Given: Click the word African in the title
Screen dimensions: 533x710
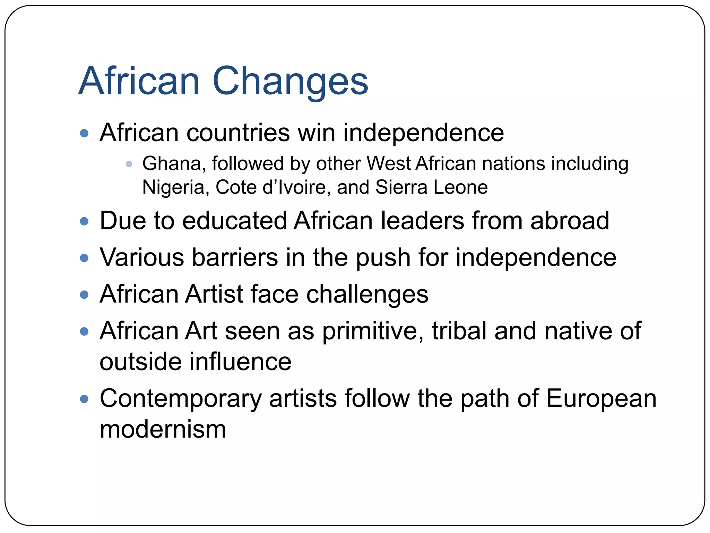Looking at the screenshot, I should (x=139, y=82).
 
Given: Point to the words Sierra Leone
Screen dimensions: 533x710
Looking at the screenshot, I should (x=431, y=187).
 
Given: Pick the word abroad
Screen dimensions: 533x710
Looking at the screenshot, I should (x=569, y=221).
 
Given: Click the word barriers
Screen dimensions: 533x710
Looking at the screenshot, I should (x=235, y=257).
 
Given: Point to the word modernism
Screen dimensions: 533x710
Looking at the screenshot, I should (x=163, y=430).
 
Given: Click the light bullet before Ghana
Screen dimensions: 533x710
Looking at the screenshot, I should (x=129, y=164).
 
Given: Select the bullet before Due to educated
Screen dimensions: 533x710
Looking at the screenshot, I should (x=84, y=221).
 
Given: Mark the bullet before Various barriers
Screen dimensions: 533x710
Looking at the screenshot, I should (x=84, y=258).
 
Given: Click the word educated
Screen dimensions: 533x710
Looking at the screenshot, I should (x=234, y=221).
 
